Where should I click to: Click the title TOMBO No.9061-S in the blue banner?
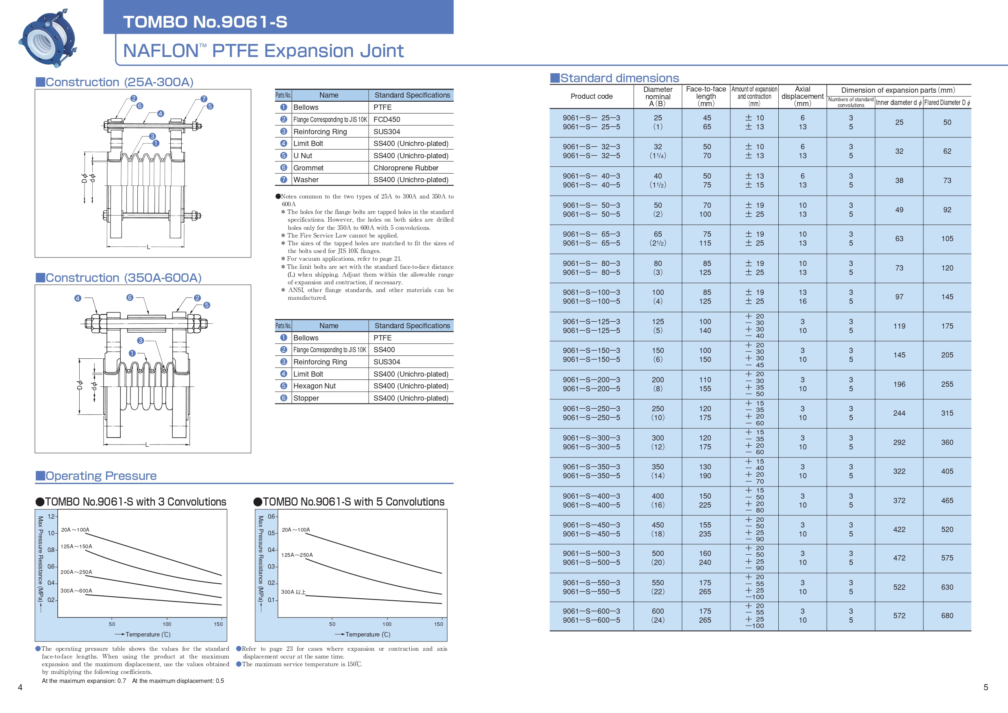click(x=205, y=22)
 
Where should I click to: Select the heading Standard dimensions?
click(x=619, y=78)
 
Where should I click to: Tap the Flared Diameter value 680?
click(x=947, y=615)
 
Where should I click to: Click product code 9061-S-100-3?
click(x=591, y=292)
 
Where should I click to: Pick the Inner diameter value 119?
click(x=899, y=326)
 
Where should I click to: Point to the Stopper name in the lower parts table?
click(x=306, y=398)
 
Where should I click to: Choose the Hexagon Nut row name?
click(x=314, y=386)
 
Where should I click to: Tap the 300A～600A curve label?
click(x=76, y=591)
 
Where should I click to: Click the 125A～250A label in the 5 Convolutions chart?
click(x=297, y=555)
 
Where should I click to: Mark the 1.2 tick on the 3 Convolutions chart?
click(x=51, y=516)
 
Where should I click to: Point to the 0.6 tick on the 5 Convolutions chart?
click(x=272, y=516)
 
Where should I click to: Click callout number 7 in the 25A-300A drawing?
click(x=204, y=99)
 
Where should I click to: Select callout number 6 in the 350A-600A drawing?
click(x=130, y=297)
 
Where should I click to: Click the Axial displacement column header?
click(x=802, y=96)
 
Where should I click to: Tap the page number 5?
click(x=986, y=687)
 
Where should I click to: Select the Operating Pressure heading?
click(x=101, y=476)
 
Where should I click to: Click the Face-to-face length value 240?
click(x=705, y=563)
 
